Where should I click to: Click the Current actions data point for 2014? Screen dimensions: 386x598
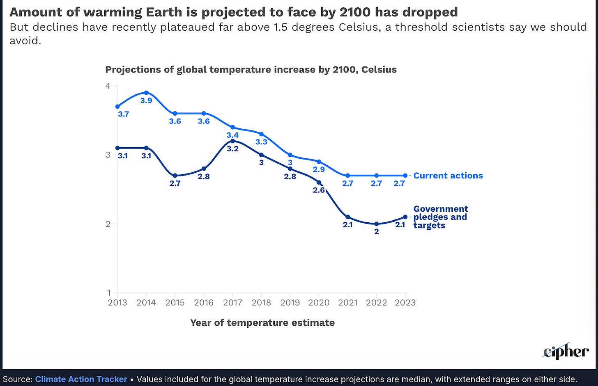pyautogui.click(x=146, y=93)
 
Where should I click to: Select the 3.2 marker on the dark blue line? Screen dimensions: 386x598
pyautogui.click(x=232, y=141)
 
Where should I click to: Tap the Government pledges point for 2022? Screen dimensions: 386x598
pyautogui.click(x=377, y=224)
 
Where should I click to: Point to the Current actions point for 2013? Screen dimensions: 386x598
pyautogui.click(x=118, y=107)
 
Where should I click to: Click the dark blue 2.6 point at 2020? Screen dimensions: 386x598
pyautogui.click(x=319, y=183)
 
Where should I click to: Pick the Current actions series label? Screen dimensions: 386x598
pyautogui.click(x=448, y=176)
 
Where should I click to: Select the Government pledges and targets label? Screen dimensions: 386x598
pyautogui.click(x=440, y=217)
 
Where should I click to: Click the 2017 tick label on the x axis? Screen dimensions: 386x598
pyautogui.click(x=232, y=303)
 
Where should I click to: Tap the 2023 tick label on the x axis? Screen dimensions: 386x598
pyautogui.click(x=405, y=303)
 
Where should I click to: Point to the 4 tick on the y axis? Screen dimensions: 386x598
pyautogui.click(x=108, y=86)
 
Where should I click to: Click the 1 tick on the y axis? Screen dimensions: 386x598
pyautogui.click(x=109, y=293)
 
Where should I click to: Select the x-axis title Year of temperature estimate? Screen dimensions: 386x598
pyautogui.click(x=262, y=323)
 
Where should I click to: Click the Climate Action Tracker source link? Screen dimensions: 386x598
pyautogui.click(x=81, y=379)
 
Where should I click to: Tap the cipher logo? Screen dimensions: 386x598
pyautogui.click(x=566, y=352)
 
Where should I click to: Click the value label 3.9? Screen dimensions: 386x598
pyautogui.click(x=146, y=100)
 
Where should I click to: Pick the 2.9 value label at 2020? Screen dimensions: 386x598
pyautogui.click(x=319, y=169)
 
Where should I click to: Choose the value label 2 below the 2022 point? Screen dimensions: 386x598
pyautogui.click(x=377, y=232)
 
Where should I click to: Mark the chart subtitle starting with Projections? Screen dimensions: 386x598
pyautogui.click(x=251, y=70)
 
